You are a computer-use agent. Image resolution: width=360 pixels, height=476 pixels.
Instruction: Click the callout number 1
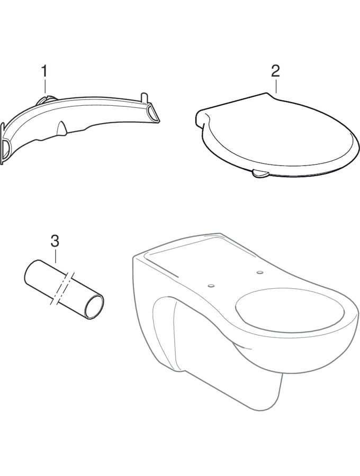point(44,71)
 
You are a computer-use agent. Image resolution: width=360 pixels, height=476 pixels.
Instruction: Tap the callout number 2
point(275,71)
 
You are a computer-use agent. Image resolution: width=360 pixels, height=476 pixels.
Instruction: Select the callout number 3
point(55,241)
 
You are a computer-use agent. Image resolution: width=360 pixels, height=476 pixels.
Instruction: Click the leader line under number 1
point(45,86)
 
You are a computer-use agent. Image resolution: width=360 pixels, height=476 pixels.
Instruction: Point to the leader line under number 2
point(276,86)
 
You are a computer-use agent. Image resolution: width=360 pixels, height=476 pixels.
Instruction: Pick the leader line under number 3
point(55,255)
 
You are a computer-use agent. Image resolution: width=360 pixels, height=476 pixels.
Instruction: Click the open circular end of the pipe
point(94,307)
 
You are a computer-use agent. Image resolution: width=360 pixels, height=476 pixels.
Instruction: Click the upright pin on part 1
point(145,98)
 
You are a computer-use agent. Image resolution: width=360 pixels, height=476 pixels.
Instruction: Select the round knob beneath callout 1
point(46,99)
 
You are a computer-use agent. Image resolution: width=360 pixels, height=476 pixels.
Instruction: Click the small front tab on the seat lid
point(260,173)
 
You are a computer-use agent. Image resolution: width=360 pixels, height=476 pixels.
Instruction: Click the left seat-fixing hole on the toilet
point(211,286)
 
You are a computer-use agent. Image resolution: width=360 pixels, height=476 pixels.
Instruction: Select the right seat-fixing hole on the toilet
point(260,272)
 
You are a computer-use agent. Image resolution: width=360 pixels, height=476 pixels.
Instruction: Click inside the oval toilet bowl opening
point(290,309)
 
